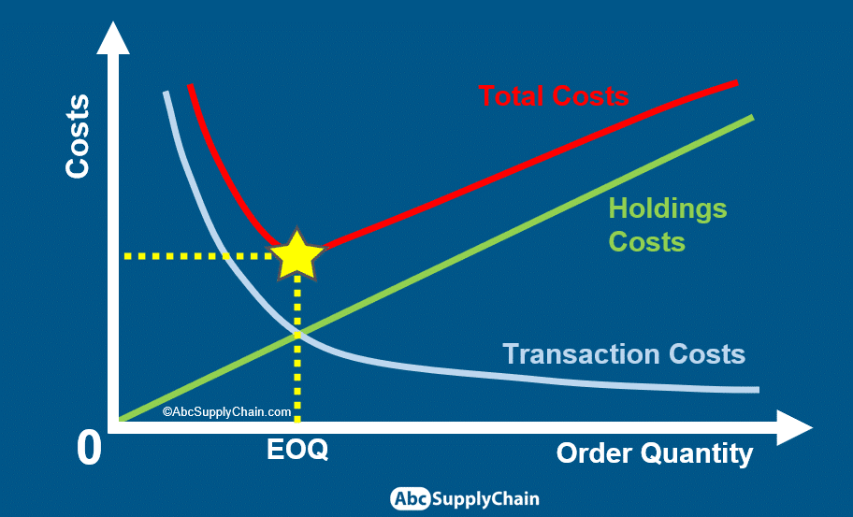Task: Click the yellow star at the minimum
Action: coord(297,255)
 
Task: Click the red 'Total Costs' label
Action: coord(554,96)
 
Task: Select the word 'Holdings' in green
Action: coord(668,209)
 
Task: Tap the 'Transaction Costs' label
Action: coord(624,354)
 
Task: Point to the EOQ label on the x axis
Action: coord(297,450)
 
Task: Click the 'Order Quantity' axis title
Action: coord(655,453)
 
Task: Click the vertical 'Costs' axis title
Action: coord(78,136)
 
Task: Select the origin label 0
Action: coord(89,449)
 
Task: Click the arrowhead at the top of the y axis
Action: coord(113,38)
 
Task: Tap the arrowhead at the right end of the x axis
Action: coord(794,428)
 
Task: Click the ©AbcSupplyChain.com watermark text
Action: coord(227,412)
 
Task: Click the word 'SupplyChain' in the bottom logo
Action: coord(485,499)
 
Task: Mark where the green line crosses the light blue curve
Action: coord(297,335)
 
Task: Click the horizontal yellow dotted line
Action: coord(197,255)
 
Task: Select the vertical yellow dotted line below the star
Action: coord(297,349)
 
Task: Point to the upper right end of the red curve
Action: coord(737,83)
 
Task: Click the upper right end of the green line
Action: coord(753,117)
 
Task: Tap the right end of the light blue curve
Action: coord(759,390)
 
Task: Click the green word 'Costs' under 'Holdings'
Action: coord(646,242)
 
